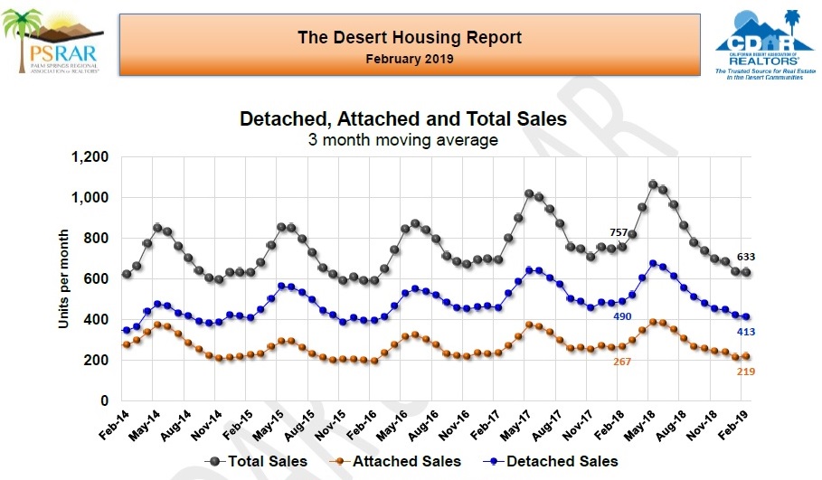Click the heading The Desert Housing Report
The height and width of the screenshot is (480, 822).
pyautogui.click(x=410, y=38)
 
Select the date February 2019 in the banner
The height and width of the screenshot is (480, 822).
pyautogui.click(x=410, y=59)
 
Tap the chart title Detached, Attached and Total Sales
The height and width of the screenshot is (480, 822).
pyautogui.click(x=402, y=119)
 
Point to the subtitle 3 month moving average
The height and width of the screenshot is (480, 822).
pyautogui.click(x=402, y=139)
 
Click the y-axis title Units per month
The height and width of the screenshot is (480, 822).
pyautogui.click(x=65, y=278)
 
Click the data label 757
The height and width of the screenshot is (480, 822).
pyautogui.click(x=619, y=231)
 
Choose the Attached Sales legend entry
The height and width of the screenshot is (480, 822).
pyautogui.click(x=395, y=461)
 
